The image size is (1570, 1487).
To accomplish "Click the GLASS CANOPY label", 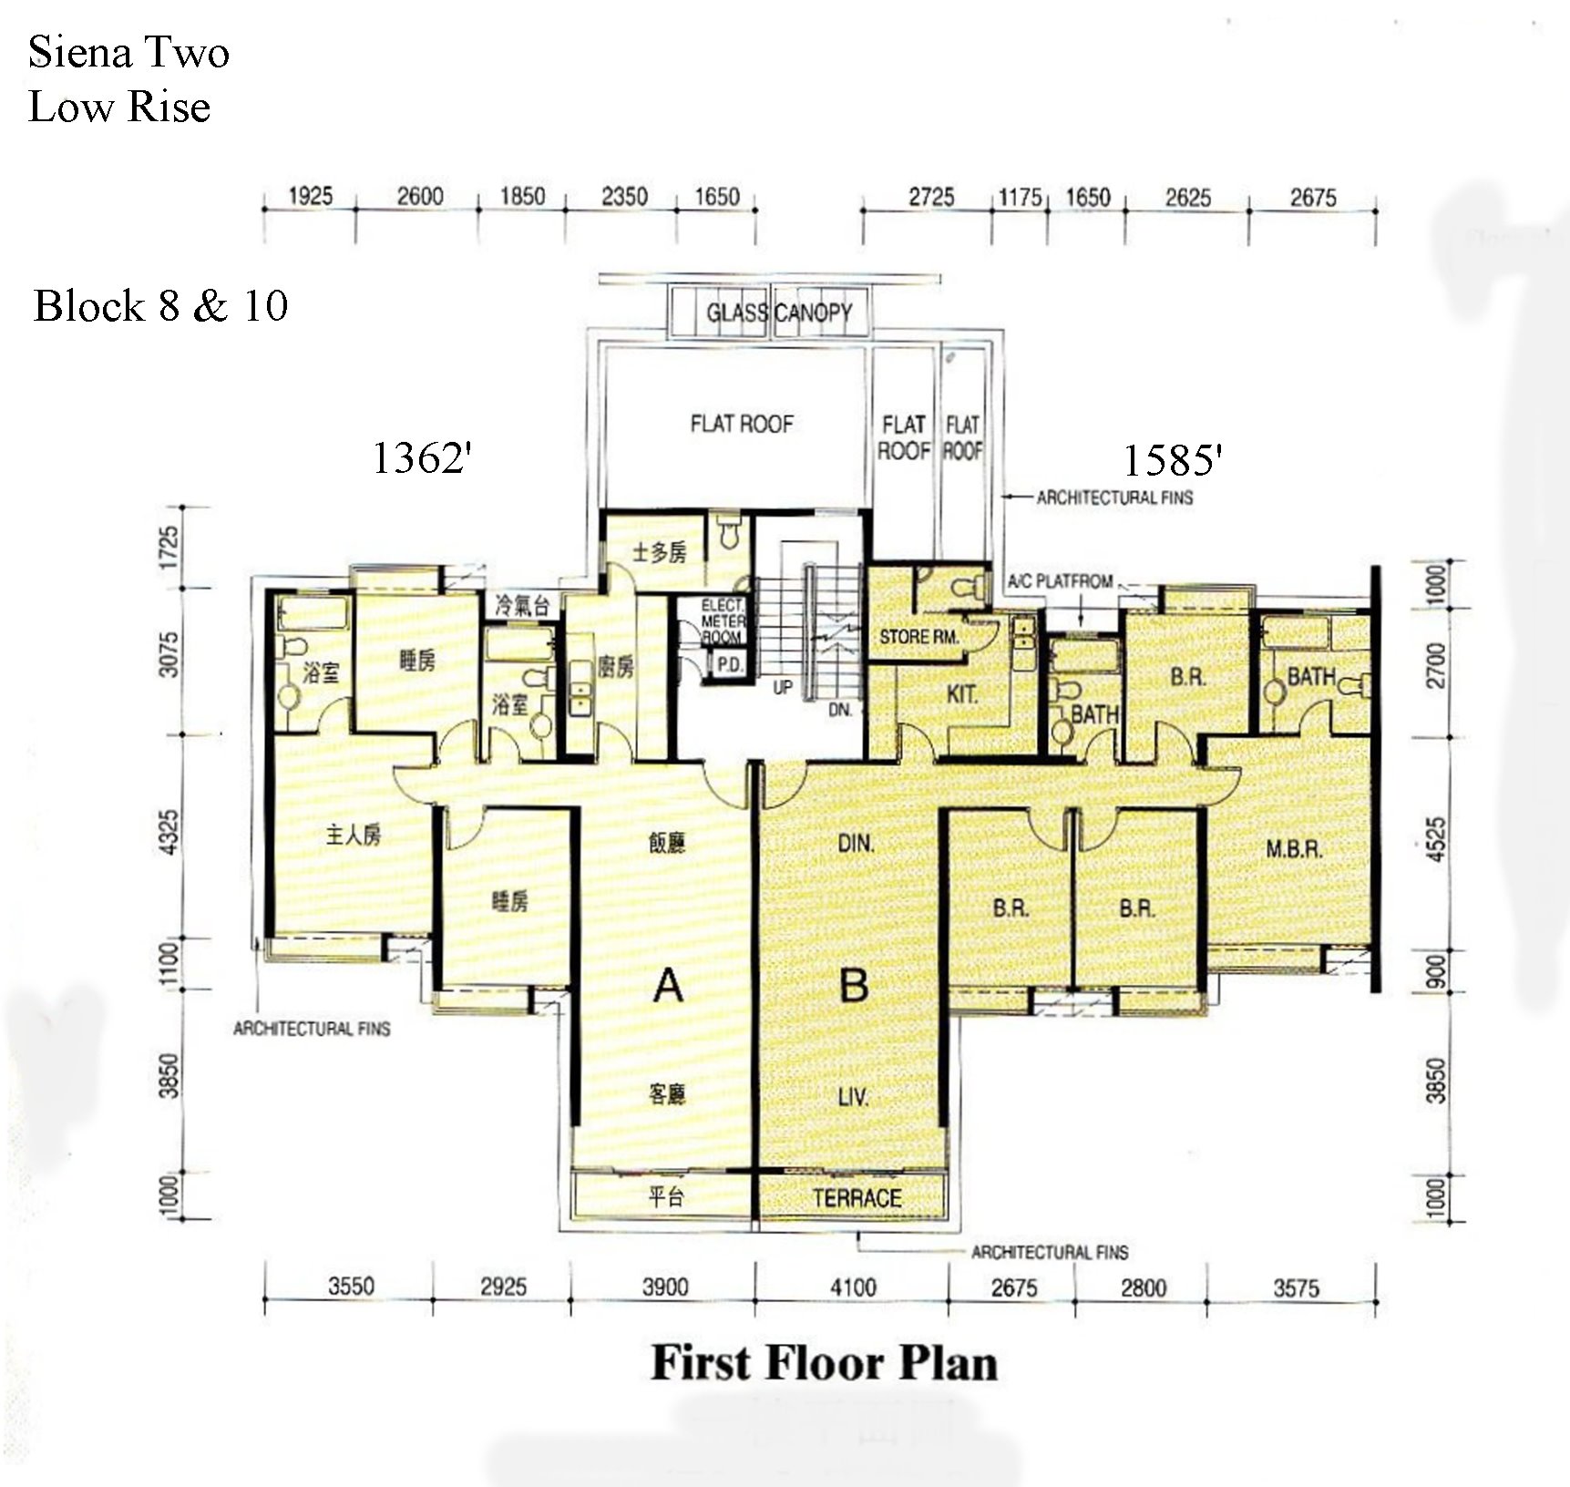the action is [x=779, y=313].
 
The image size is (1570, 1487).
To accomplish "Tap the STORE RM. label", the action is [x=918, y=637].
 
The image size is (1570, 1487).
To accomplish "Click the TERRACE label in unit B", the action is [x=857, y=1197].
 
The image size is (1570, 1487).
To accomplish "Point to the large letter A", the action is [x=668, y=985].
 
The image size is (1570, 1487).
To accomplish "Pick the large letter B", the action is [x=854, y=984].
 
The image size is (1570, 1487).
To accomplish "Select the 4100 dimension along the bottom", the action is [x=853, y=1287].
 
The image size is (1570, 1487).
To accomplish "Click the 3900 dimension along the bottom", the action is [x=665, y=1287].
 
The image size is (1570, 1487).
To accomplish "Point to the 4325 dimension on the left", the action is [x=169, y=835].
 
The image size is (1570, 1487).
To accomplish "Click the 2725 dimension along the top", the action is [x=931, y=197].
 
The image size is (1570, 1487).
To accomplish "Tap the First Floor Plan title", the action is [x=825, y=1364].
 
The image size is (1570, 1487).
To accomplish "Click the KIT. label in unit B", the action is [x=962, y=695].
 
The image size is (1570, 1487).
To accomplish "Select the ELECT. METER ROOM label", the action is [x=723, y=621].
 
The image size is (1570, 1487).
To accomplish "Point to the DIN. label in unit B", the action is [x=856, y=845].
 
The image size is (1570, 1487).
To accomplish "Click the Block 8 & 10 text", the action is [x=160, y=305].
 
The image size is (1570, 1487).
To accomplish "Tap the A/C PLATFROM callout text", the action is [x=1060, y=581].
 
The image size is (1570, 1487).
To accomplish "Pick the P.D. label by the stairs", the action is [x=729, y=665].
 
